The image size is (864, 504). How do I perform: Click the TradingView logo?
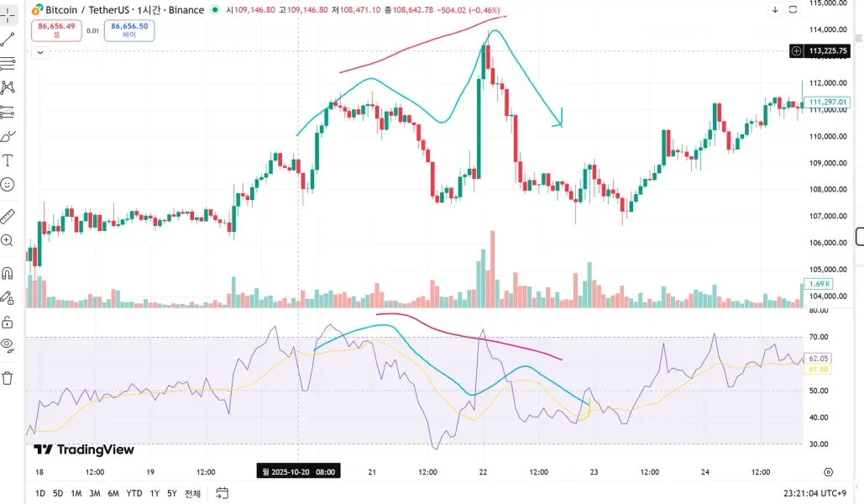tap(84, 449)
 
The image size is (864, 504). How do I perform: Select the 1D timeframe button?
tap(40, 493)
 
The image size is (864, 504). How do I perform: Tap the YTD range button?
tap(134, 493)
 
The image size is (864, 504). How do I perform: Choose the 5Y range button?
tap(171, 493)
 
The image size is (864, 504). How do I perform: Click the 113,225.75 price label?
tap(828, 51)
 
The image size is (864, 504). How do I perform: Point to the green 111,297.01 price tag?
tap(828, 102)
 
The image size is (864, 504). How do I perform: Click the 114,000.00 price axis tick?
tap(827, 29)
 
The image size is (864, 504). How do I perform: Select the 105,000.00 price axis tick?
tap(827, 270)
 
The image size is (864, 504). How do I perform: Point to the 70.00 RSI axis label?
tap(818, 337)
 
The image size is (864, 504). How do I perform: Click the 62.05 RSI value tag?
tap(818, 359)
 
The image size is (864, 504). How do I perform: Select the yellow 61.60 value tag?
tap(818, 370)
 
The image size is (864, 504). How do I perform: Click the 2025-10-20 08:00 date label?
tap(299, 472)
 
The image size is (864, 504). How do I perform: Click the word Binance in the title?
tap(185, 10)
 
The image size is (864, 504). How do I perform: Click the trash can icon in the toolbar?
tap(8, 378)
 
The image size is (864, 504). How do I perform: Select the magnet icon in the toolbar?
tap(8, 273)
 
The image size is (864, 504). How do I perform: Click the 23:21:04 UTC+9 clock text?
tap(815, 493)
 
